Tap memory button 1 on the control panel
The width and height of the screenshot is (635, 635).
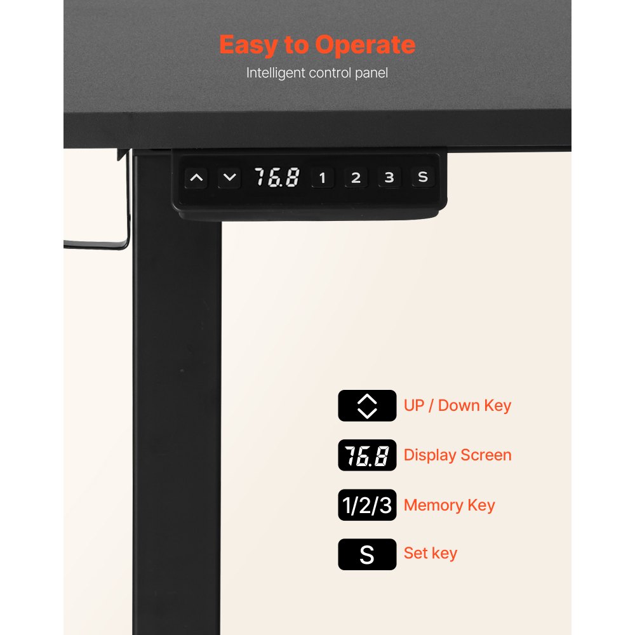pyautogui.click(x=323, y=178)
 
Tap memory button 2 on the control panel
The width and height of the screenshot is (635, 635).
pyautogui.click(x=356, y=178)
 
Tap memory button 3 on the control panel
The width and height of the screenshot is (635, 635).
pyautogui.click(x=389, y=177)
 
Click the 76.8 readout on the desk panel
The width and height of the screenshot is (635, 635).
pyautogui.click(x=277, y=177)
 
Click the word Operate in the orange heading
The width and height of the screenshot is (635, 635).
pyautogui.click(x=365, y=44)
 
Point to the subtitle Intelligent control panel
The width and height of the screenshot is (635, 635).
pyautogui.click(x=317, y=73)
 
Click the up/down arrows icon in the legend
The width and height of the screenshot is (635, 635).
pyautogui.click(x=367, y=406)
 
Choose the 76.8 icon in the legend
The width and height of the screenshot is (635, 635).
pyautogui.click(x=367, y=455)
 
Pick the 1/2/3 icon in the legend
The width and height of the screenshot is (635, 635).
pyautogui.click(x=367, y=505)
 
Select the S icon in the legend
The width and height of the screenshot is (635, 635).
pyautogui.click(x=367, y=554)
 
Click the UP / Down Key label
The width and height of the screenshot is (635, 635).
pyautogui.click(x=458, y=406)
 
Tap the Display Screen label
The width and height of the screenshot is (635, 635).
pyautogui.click(x=458, y=455)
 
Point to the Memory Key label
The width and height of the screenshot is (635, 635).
pyautogui.click(x=450, y=505)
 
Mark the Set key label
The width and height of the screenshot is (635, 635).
pyautogui.click(x=431, y=553)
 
